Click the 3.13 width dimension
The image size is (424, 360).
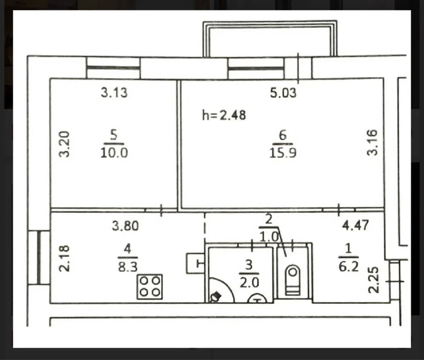tap(114, 92)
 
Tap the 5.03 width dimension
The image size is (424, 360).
tap(283, 93)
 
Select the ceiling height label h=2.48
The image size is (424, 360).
tap(224, 115)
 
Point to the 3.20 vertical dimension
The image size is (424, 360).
tap(64, 144)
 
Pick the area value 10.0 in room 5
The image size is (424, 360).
tap(114, 153)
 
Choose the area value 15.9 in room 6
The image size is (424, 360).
tap(283, 153)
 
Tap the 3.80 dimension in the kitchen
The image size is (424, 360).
tap(125, 226)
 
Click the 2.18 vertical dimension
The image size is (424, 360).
tap(64, 258)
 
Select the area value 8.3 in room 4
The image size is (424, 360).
tap(128, 267)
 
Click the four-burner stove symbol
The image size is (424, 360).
tap(149, 287)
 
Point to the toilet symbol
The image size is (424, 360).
tap(293, 280)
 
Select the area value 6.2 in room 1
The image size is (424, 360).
tap(348, 267)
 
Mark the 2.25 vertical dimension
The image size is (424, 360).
tap(373, 280)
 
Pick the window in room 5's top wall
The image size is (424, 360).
tap(113, 68)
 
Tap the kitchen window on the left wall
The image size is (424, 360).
tap(39, 258)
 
